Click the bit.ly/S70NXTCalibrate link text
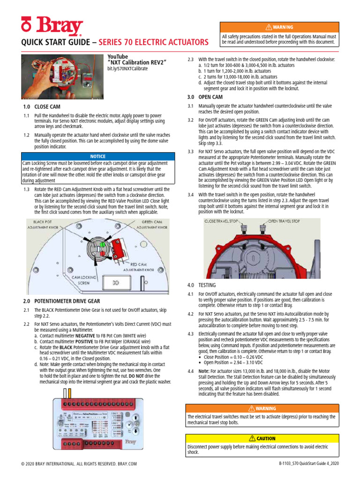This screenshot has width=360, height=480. pyautogui.click(x=127, y=68)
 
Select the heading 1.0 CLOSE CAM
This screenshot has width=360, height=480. pyautogui.click(x=42, y=106)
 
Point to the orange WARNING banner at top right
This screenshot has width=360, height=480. pyautogui.click(x=279, y=27)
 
